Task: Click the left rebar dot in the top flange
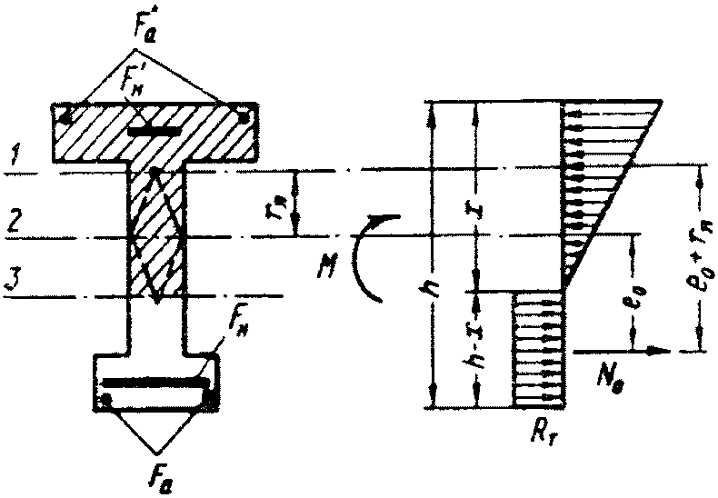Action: click(65, 116)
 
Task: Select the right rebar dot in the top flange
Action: click(242, 116)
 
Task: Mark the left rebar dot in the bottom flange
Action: click(107, 399)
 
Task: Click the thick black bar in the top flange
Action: click(149, 133)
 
